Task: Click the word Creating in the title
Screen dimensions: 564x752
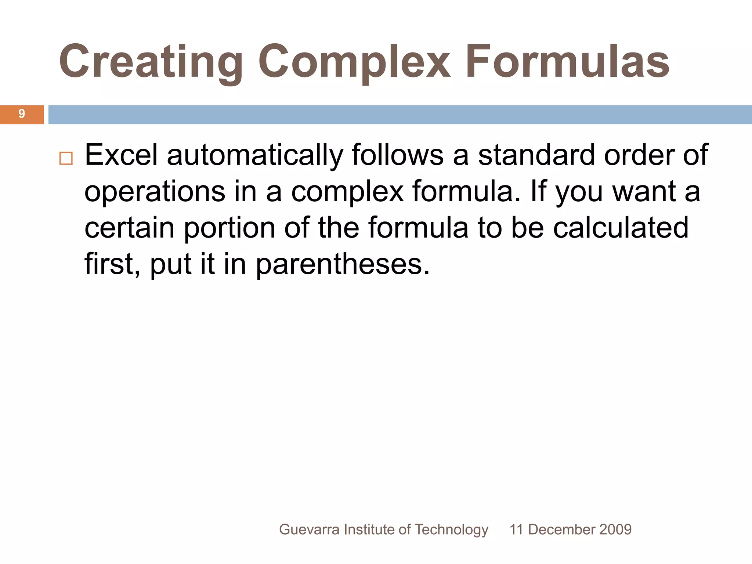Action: [x=151, y=62]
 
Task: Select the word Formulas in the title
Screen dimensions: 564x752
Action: [x=568, y=62]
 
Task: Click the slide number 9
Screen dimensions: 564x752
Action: [x=22, y=114]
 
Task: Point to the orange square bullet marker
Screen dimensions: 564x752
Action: [x=66, y=159]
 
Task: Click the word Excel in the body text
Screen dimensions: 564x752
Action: [x=121, y=155]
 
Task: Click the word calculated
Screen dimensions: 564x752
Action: [x=621, y=228]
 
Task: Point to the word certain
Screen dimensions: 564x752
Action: [x=129, y=228]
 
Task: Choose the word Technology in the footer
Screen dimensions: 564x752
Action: [x=451, y=530]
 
